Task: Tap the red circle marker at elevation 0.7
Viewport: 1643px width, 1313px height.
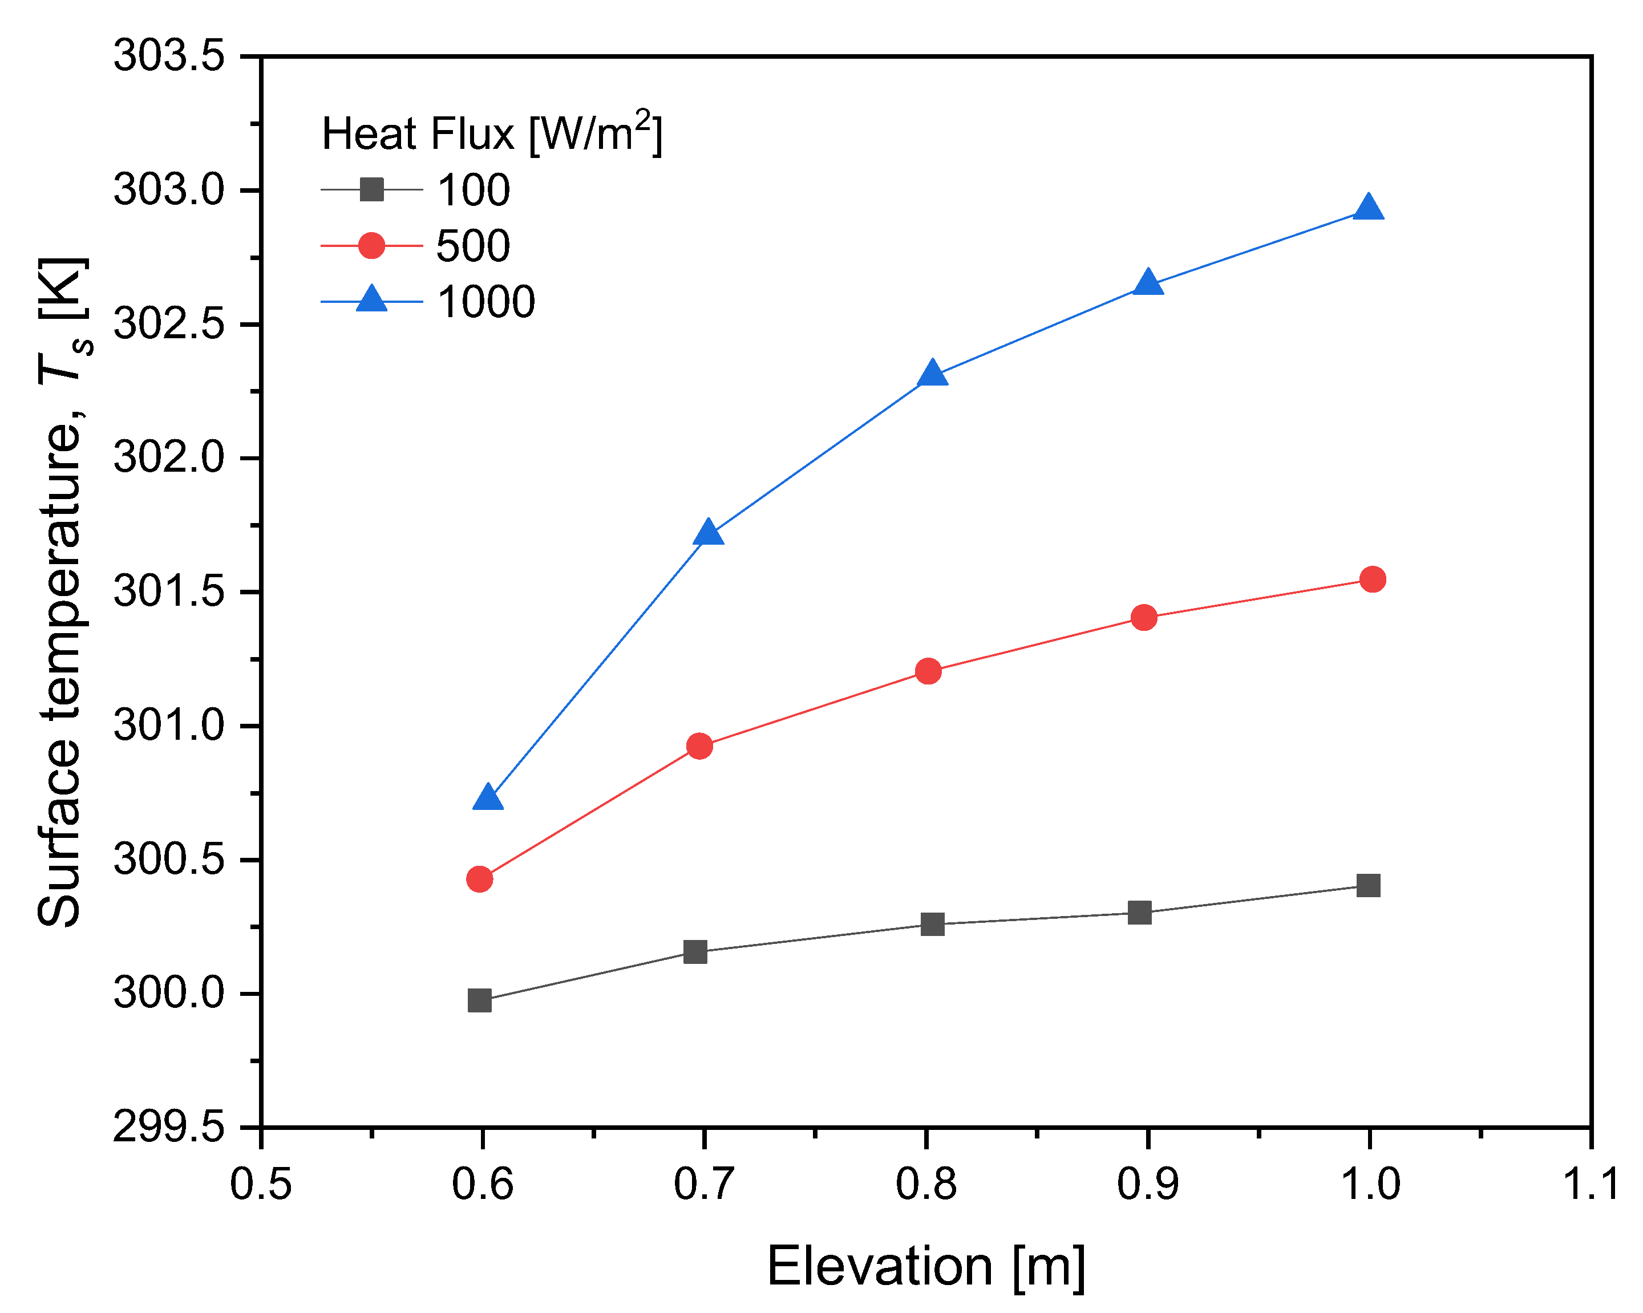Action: [699, 746]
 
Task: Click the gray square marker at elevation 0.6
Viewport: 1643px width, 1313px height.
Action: [479, 1000]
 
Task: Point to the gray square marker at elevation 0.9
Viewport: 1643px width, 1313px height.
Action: [1139, 912]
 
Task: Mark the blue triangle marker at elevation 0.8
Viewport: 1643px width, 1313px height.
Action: [932, 375]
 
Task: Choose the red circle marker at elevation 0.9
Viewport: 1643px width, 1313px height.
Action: [1144, 617]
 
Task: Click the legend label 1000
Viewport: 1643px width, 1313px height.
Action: [485, 302]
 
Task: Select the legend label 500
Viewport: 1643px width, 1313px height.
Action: [472, 246]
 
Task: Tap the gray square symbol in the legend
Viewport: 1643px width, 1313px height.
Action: [371, 189]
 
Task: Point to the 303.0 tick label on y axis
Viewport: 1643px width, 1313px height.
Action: [169, 190]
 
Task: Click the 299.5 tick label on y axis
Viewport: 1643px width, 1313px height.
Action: [169, 1127]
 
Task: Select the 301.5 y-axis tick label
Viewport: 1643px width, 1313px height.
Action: [169, 591]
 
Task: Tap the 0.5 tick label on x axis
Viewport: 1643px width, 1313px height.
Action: [261, 1185]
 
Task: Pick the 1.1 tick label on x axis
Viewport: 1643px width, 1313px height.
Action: [1591, 1185]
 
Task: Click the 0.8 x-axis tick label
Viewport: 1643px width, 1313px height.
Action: [926, 1185]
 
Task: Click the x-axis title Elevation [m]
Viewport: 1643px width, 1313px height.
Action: [925, 1267]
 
